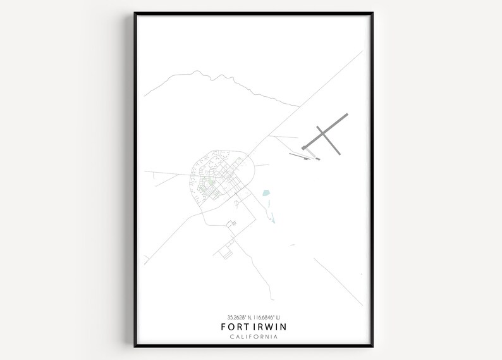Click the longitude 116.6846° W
click(x=266, y=317)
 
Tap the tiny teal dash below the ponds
click(x=292, y=244)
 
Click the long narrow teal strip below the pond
click(x=272, y=215)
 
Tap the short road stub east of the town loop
click(x=262, y=166)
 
